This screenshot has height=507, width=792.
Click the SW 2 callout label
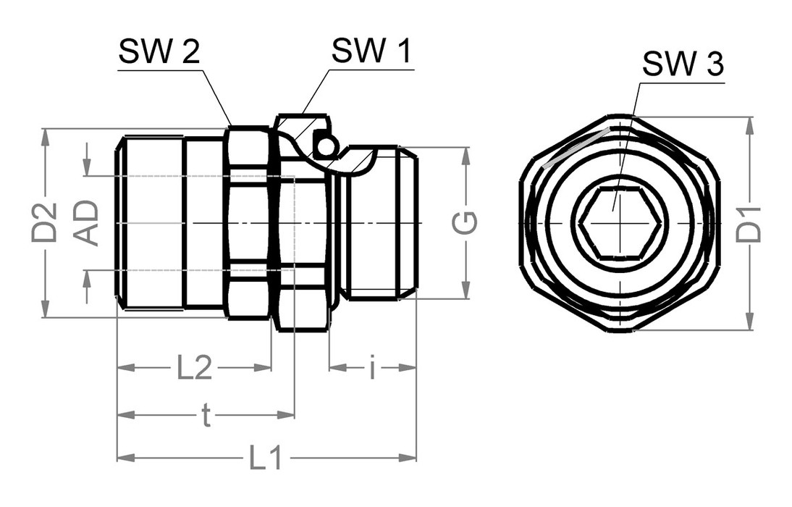point(159,52)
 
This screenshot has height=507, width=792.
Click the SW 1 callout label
point(371,51)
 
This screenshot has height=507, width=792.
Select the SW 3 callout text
point(682,65)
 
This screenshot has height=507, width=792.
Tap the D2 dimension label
point(45,223)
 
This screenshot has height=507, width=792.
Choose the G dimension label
point(465,223)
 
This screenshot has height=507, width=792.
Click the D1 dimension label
point(750,223)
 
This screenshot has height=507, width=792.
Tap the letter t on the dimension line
point(206,416)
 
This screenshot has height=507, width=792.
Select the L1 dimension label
point(266,458)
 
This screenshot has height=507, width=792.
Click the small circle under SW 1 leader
point(326,147)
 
